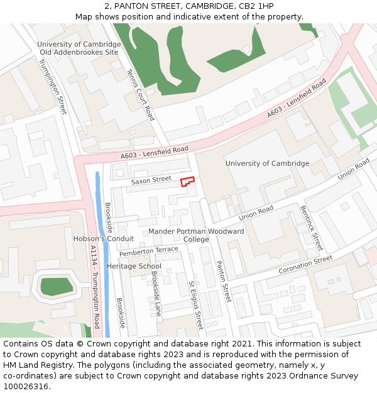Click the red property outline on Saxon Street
187,182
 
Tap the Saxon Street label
151,180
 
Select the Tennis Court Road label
141,94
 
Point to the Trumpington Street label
53,87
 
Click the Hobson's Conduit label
104,239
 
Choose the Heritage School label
134,267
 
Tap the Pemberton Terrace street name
149,251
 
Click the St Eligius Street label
195,305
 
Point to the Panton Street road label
224,281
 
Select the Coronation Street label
305,265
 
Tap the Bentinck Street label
312,228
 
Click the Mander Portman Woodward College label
196,235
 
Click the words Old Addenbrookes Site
79,52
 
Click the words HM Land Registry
32,365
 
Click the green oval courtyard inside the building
56,286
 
